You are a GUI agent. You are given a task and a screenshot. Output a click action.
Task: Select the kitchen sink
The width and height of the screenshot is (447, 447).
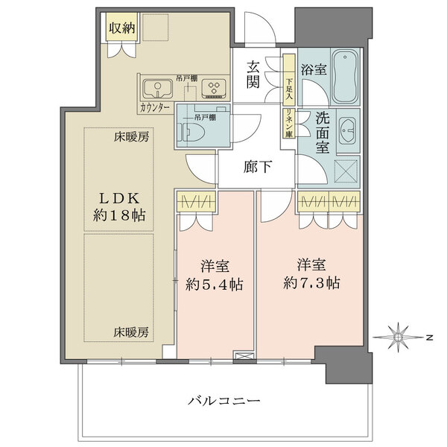[x=158, y=89]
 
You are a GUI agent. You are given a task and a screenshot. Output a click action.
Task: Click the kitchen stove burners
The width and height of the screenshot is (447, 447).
[x=214, y=89]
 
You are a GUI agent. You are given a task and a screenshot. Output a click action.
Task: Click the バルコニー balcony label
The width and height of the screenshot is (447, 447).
[x=223, y=401]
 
